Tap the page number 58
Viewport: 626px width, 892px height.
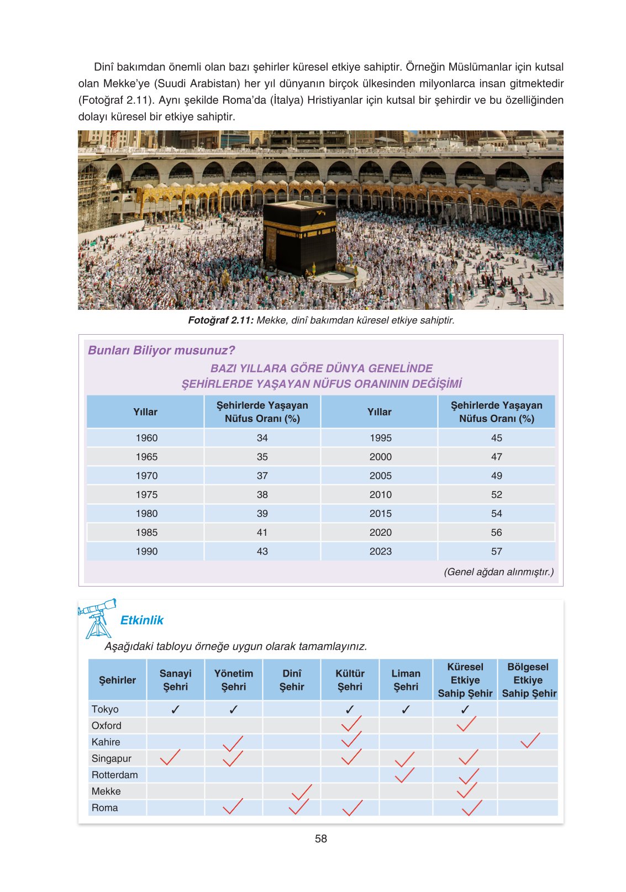320,838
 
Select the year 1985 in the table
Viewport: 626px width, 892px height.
146,532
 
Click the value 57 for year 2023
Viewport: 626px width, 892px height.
496,551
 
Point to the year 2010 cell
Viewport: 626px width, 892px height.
380,494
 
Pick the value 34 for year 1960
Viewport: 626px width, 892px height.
262,437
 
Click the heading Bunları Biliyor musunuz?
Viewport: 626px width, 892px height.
161,350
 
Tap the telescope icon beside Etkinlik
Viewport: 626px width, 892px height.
98,618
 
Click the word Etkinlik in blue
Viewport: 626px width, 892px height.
142,620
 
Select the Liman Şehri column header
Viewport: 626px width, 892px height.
406,680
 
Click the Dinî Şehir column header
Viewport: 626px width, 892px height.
292,680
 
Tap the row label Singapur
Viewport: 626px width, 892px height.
111,758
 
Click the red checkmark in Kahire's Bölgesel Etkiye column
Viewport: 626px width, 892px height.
529,741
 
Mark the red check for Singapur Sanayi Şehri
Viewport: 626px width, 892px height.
170,757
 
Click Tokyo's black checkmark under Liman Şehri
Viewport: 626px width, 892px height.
406,709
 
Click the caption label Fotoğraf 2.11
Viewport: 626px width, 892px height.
220,320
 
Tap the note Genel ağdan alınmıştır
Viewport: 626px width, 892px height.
498,572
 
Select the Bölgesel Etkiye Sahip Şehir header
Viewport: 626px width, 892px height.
528,680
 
